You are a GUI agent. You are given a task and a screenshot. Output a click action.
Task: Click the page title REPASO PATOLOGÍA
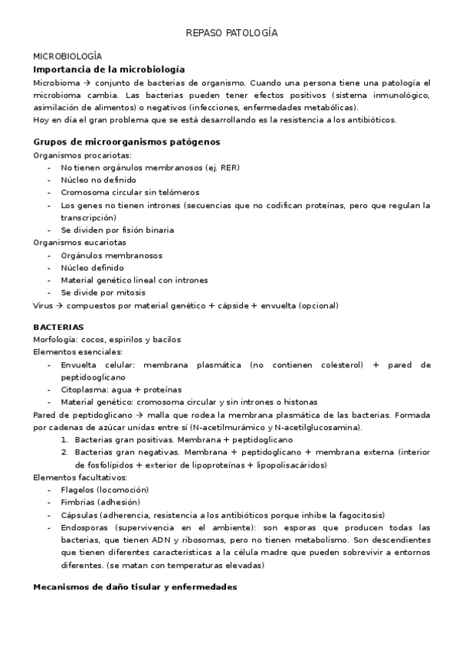231,34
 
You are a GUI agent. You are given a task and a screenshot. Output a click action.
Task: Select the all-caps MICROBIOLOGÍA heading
67,57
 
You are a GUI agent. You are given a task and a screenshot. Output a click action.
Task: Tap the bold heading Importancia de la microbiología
109,69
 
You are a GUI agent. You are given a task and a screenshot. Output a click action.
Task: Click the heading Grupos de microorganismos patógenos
126,142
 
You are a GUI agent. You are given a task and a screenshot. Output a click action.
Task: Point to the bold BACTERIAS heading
58,327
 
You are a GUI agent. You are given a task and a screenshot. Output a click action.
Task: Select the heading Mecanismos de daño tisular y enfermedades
135,586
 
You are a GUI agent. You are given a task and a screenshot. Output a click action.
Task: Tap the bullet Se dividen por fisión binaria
117,230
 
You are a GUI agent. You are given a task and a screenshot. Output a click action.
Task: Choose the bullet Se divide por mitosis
103,292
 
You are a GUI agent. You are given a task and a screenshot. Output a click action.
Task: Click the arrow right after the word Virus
59,305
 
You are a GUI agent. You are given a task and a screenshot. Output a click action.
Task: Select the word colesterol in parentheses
336,365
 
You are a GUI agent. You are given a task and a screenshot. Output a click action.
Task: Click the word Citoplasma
84,390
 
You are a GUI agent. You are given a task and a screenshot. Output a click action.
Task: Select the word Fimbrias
79,502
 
